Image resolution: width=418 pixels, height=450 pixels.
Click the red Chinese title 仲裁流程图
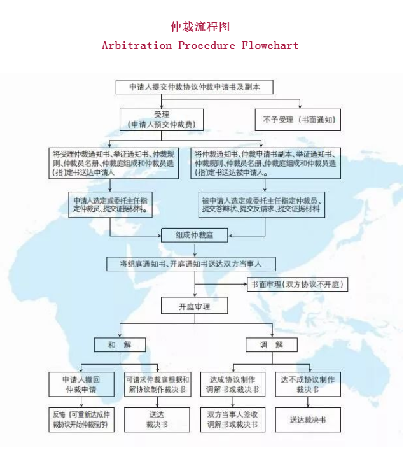click(x=200, y=27)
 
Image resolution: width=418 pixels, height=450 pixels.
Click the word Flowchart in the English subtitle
click(x=270, y=45)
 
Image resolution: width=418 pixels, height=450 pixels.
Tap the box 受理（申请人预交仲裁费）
click(x=161, y=119)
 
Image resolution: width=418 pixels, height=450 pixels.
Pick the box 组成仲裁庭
click(x=194, y=235)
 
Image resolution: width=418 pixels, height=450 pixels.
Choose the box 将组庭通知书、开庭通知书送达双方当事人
click(x=191, y=264)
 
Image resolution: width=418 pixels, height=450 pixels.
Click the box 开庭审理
click(x=194, y=306)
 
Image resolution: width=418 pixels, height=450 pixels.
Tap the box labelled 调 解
click(x=272, y=344)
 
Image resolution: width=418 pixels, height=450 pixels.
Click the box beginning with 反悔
click(x=81, y=419)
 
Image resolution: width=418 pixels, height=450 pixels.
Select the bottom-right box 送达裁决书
click(x=308, y=419)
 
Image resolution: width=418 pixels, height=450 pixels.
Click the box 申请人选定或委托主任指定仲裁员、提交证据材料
click(x=111, y=204)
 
